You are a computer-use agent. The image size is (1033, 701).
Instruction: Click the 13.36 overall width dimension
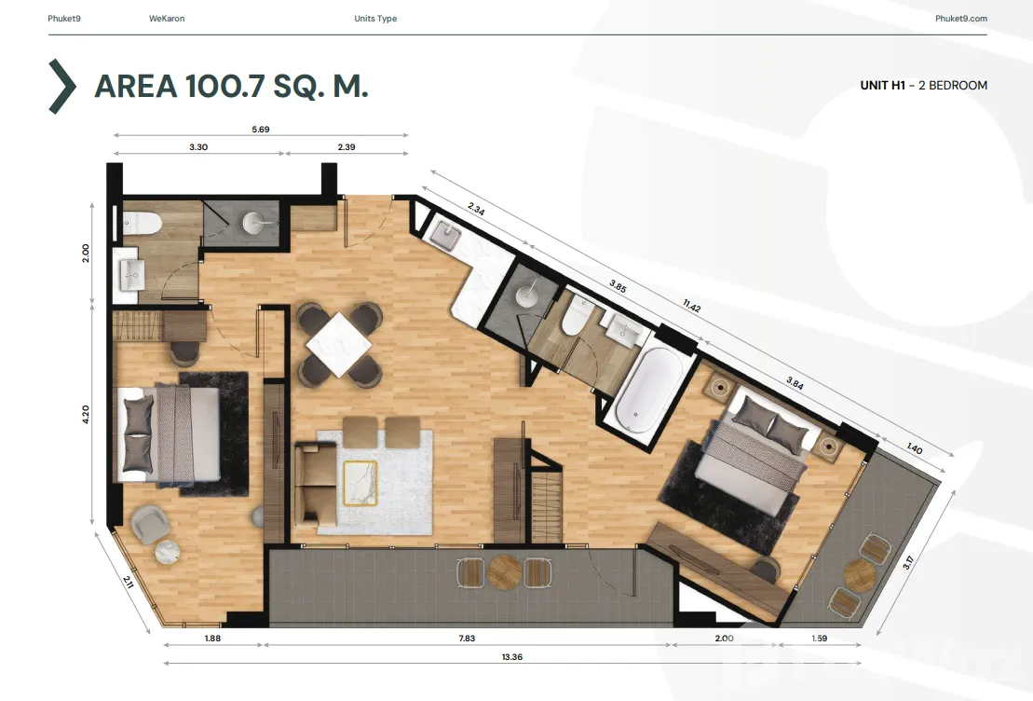point(512,657)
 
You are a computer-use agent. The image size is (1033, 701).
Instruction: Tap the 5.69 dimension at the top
point(260,130)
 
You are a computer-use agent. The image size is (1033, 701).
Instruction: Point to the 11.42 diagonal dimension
point(692,306)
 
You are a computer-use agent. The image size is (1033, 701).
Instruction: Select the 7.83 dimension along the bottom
point(467,639)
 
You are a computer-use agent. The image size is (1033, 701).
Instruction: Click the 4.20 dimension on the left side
point(86,414)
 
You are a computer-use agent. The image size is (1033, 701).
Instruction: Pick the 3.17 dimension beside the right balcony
point(908,562)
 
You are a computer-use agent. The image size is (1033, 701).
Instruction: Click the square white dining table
point(339,344)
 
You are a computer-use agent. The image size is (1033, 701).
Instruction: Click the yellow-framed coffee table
point(360,483)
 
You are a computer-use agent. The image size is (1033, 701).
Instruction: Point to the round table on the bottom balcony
point(505,572)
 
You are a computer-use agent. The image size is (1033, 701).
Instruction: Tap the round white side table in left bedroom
point(168,552)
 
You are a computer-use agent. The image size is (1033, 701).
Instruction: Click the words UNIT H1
point(882,85)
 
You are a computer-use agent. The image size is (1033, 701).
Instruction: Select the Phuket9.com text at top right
point(961,19)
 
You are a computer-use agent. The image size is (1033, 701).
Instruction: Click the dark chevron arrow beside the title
point(63,87)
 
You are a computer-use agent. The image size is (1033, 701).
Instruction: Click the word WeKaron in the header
point(167,19)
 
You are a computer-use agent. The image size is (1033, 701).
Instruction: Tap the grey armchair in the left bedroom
point(150,523)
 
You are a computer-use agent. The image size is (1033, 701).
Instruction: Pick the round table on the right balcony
point(860,575)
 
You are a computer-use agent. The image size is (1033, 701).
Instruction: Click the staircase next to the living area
point(546,503)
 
